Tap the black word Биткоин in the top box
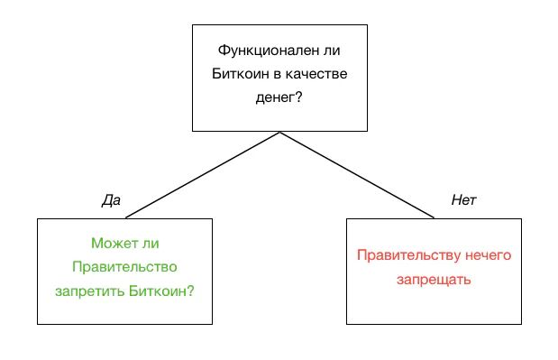click(240, 74)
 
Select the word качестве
click(316, 74)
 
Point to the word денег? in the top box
click(279, 97)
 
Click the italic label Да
click(111, 200)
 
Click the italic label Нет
click(463, 200)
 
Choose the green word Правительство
click(124, 267)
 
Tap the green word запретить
click(90, 291)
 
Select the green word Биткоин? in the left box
click(161, 291)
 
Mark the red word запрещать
click(434, 280)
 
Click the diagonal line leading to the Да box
click(203, 175)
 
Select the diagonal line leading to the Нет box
click(357, 175)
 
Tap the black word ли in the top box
click(332, 51)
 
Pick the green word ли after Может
click(151, 244)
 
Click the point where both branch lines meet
click(280, 132)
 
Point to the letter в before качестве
click(277, 74)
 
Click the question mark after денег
click(298, 97)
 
